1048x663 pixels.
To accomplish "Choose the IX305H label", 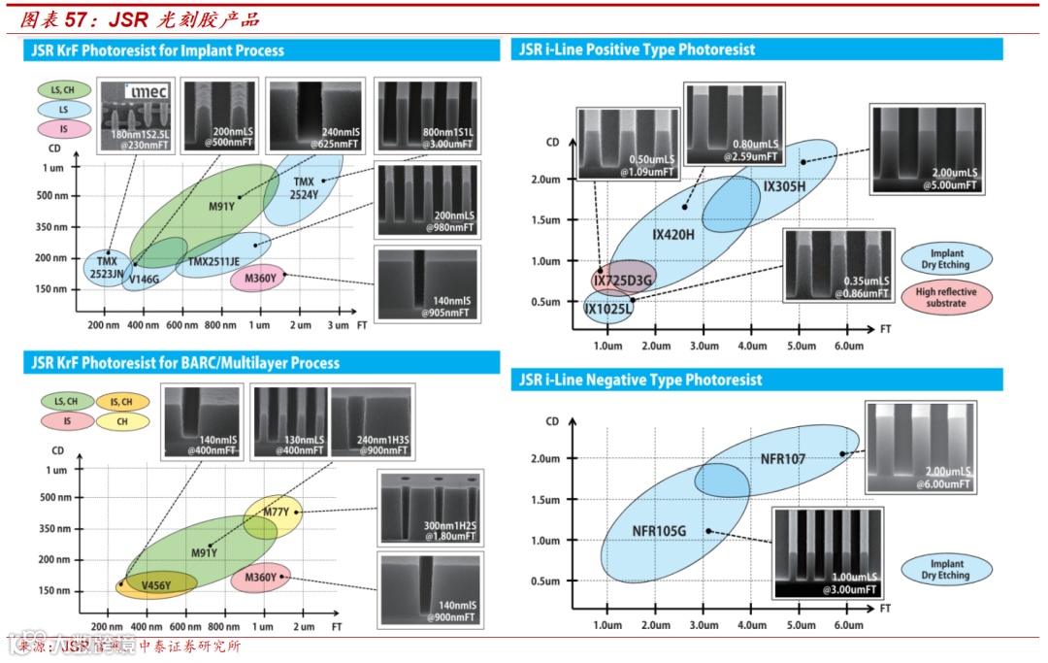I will (x=784, y=186).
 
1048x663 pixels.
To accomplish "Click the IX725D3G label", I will (x=624, y=280).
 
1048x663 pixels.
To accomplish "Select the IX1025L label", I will (x=607, y=309).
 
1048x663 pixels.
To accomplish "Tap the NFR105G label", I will (x=659, y=531).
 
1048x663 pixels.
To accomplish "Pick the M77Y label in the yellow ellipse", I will (x=276, y=512).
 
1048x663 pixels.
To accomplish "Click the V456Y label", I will (x=156, y=584).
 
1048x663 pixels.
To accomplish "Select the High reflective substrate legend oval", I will (x=946, y=297).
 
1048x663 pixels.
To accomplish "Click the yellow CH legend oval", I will (x=121, y=421).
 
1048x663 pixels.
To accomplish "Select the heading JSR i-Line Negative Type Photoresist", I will (x=641, y=381).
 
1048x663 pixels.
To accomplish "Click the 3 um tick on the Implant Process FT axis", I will (x=337, y=324).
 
